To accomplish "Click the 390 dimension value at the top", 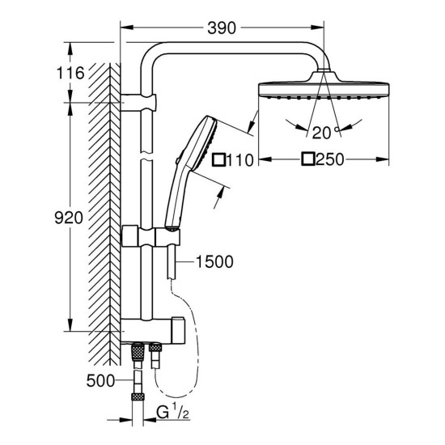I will pos(221,28).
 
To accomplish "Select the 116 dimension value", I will pos(71,74).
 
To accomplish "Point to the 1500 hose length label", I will pos(214,261).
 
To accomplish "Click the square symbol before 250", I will pos(307,159).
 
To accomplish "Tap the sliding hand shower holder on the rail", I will pos(150,236).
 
